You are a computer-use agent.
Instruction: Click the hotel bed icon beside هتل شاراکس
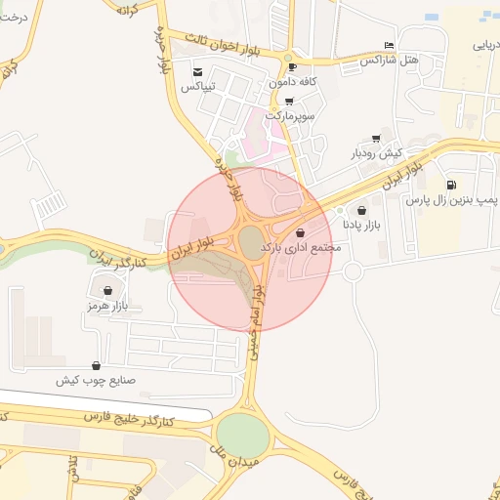(390, 46)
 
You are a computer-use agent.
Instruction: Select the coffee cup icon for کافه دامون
(292, 67)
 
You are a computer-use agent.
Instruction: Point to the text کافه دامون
(292, 82)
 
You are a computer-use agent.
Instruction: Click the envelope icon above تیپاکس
(198, 72)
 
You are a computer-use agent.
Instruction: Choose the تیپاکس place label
(198, 86)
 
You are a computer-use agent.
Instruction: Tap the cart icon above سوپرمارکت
(289, 101)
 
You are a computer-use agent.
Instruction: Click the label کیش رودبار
(377, 154)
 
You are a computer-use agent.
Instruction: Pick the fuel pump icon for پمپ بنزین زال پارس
(450, 185)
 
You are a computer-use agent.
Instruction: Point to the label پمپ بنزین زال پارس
(451, 199)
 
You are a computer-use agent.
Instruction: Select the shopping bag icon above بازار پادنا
(362, 210)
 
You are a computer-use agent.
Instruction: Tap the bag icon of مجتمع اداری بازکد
(300, 233)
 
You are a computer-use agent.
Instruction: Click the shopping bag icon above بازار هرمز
(107, 291)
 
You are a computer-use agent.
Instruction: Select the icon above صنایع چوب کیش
(96, 365)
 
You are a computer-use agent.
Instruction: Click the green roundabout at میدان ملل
(241, 433)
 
